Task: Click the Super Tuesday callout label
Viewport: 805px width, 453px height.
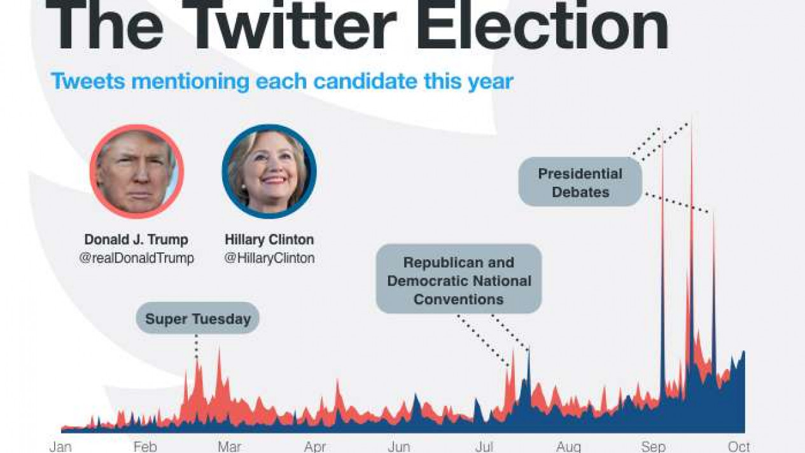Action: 198,318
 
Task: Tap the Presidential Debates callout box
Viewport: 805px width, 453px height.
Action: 580,182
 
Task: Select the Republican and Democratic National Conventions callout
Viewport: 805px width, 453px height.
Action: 459,279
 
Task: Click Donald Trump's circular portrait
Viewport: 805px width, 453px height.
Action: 137,171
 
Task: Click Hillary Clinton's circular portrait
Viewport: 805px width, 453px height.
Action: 269,171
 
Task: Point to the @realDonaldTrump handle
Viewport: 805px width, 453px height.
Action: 137,258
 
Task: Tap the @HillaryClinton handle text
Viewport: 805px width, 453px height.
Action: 270,258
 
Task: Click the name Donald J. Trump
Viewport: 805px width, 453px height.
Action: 136,240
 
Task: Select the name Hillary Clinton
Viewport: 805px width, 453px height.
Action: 269,240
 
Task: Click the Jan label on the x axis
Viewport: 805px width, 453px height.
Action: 60,447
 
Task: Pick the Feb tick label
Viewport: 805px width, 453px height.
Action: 145,447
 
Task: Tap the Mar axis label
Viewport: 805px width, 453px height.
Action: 229,447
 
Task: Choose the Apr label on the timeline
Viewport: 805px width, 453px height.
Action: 315,447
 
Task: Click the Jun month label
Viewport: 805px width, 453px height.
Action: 399,447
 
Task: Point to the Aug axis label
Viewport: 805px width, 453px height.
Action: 568,447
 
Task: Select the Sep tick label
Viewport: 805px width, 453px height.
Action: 654,447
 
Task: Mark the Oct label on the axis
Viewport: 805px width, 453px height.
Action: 739,447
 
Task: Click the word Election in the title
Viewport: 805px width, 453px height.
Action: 542,24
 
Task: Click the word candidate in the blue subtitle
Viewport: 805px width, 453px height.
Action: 365,82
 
